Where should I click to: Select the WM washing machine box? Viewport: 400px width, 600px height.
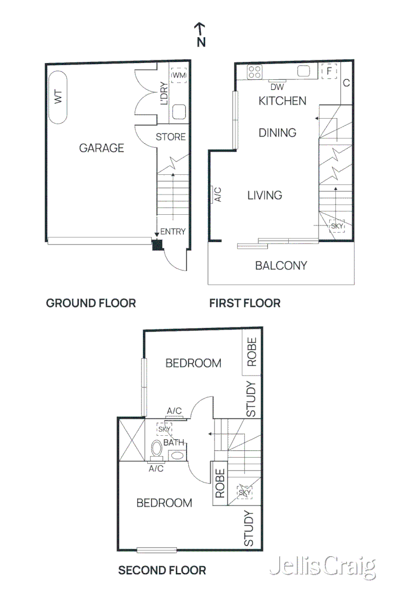pyautogui.click(x=179, y=75)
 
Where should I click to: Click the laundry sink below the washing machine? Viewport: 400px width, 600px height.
pyautogui.click(x=179, y=111)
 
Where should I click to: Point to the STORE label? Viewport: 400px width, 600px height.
pyautogui.click(x=170, y=137)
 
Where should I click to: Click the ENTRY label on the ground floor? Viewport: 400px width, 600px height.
pyautogui.click(x=172, y=232)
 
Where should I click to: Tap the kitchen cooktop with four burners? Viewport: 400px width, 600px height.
pyautogui.click(x=254, y=71)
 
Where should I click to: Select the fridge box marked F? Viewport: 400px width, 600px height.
pyautogui.click(x=329, y=71)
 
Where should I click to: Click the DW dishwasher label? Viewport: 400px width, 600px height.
pyautogui.click(x=277, y=87)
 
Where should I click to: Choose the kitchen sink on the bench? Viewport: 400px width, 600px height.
pyautogui.click(x=304, y=71)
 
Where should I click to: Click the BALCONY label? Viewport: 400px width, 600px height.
pyautogui.click(x=281, y=265)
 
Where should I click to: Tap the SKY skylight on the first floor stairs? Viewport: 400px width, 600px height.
pyautogui.click(x=337, y=226)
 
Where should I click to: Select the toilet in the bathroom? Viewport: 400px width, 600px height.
pyautogui.click(x=157, y=450)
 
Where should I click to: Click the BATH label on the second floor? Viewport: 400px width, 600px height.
pyautogui.click(x=173, y=443)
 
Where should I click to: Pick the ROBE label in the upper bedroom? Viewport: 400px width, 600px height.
pyautogui.click(x=251, y=352)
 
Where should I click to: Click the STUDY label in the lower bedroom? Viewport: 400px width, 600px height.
pyautogui.click(x=249, y=529)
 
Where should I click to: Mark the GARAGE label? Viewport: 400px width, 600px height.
pyautogui.click(x=101, y=148)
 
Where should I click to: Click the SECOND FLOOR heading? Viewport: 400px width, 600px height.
pyautogui.click(x=162, y=570)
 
